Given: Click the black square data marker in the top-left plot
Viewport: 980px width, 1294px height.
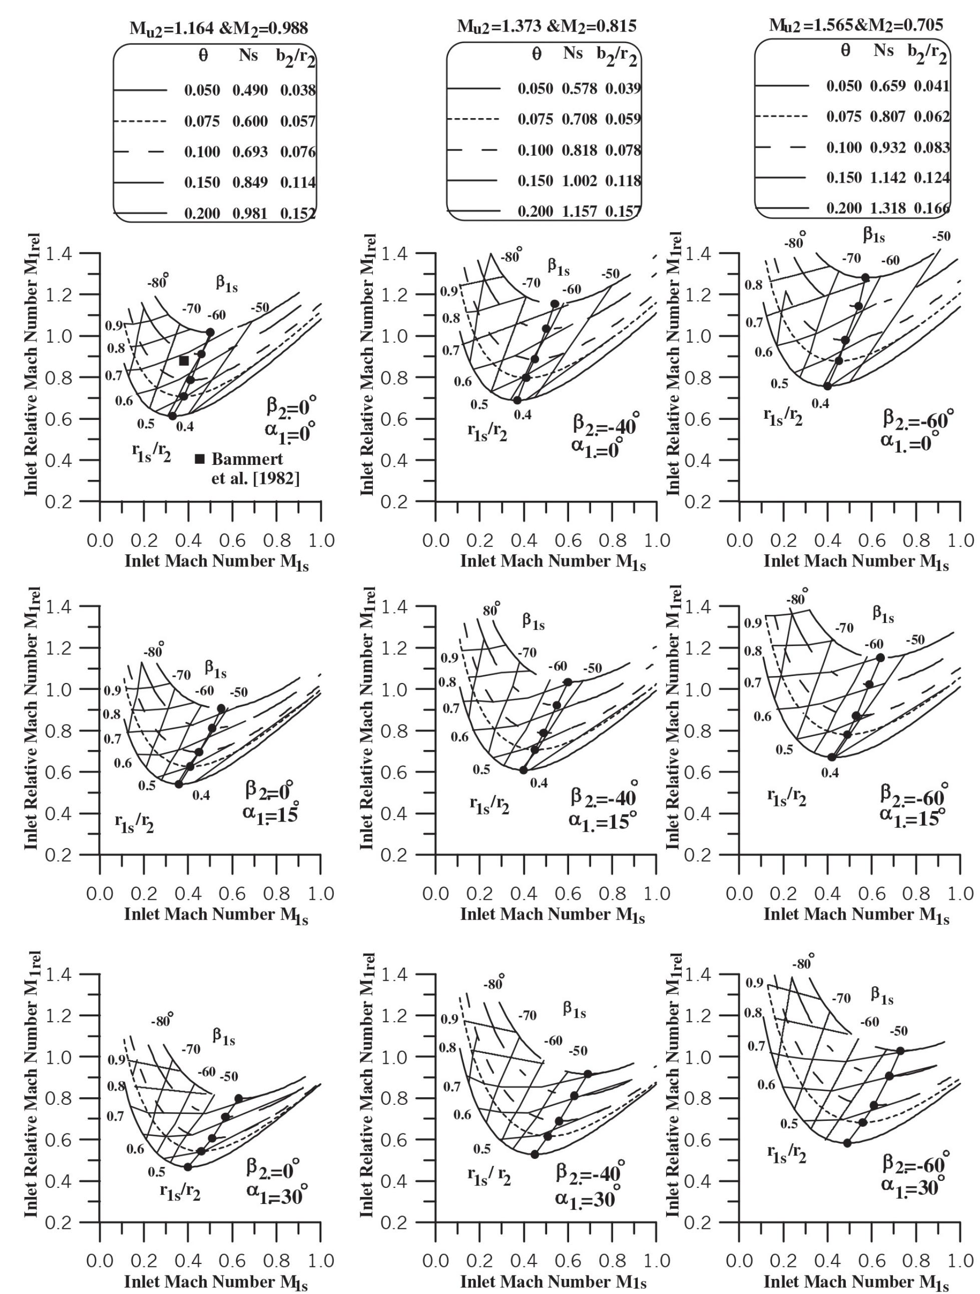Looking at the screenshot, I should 184,361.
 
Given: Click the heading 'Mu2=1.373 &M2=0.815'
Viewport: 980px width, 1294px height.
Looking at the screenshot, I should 547,27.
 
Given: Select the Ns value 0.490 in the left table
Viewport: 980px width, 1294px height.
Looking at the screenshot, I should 250,91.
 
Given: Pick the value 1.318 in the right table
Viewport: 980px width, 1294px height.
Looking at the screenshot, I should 887,208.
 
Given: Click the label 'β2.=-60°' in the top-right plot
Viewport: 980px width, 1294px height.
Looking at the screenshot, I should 918,419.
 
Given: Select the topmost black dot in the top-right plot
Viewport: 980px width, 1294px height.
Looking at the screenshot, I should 865,278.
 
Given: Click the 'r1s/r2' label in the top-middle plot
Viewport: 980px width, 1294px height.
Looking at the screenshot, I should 488,432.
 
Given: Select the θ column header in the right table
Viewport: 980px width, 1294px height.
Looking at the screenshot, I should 845,51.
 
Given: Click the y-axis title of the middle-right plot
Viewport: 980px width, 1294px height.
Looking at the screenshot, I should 673,719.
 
